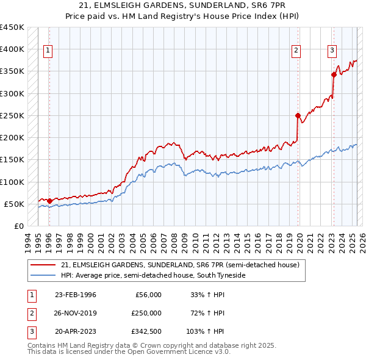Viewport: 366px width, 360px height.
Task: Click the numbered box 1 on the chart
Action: tap(48, 51)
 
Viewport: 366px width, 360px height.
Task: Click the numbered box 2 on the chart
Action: tap(296, 51)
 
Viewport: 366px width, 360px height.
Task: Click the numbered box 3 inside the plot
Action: tap(332, 51)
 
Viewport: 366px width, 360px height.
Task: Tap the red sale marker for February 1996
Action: tap(49, 200)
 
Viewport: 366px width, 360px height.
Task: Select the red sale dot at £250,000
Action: tap(298, 115)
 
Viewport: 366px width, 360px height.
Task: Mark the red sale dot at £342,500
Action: tap(334, 74)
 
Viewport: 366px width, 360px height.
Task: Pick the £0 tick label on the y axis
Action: tap(18, 226)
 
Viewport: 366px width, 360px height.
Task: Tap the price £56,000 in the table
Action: tap(147, 295)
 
